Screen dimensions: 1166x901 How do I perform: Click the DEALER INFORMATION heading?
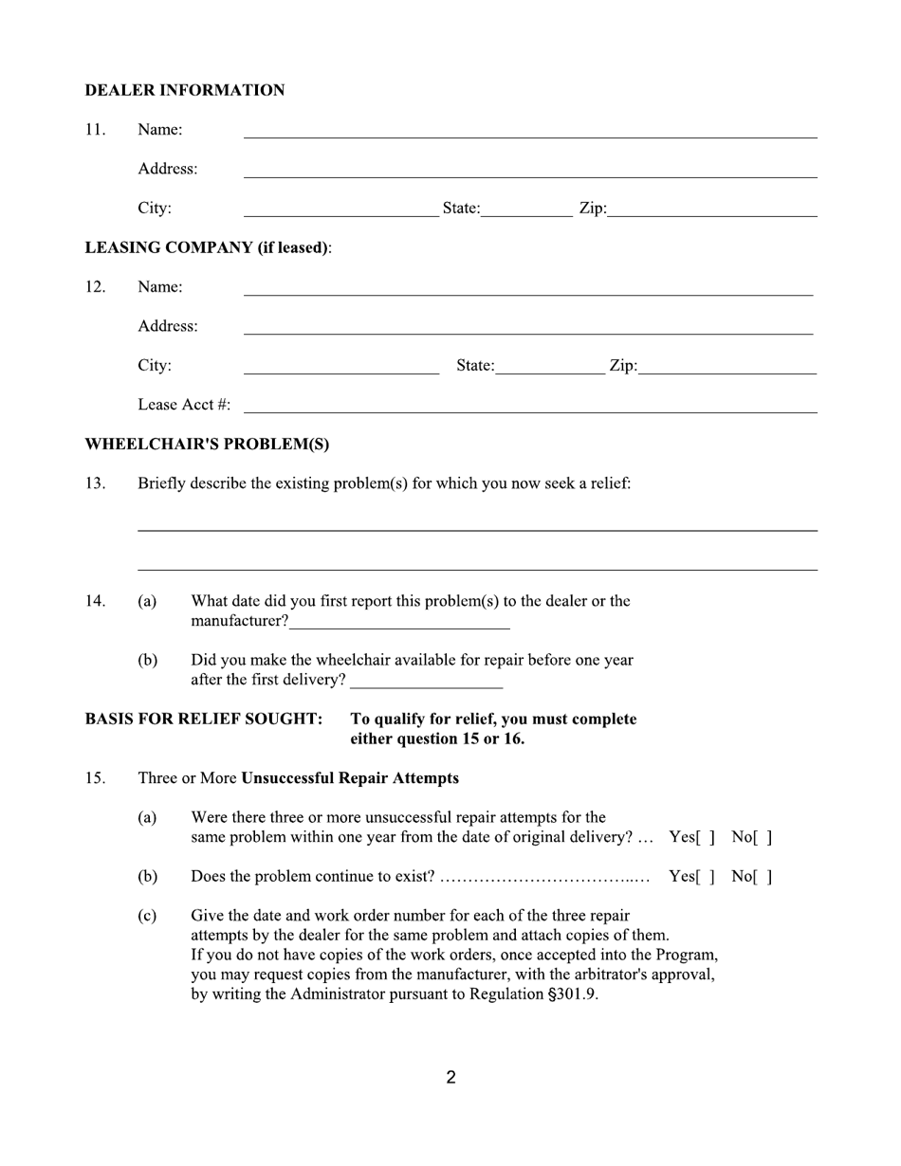pyautogui.click(x=184, y=90)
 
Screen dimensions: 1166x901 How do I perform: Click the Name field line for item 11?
pyautogui.click(x=529, y=131)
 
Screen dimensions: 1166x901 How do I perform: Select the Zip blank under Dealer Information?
pyautogui.click(x=711, y=210)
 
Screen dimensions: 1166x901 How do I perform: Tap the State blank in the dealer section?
pyautogui.click(x=525, y=210)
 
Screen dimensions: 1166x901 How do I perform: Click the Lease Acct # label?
pyautogui.click(x=183, y=405)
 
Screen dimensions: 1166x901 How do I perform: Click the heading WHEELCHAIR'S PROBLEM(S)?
pyautogui.click(x=207, y=444)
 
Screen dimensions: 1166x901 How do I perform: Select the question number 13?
pyautogui.click(x=95, y=483)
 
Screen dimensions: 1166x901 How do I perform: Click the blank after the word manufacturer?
pyautogui.click(x=399, y=622)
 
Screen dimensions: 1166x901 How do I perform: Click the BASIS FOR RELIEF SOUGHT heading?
pyautogui.click(x=203, y=719)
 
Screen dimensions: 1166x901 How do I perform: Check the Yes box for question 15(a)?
pyautogui.click(x=705, y=838)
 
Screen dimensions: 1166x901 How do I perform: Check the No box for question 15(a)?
pyautogui.click(x=763, y=838)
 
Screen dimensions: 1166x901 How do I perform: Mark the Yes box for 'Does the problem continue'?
pyautogui.click(x=705, y=877)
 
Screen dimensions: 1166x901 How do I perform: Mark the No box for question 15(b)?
pyautogui.click(x=763, y=877)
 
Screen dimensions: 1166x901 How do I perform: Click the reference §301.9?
pyautogui.click(x=572, y=995)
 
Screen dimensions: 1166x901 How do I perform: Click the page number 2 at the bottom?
pyautogui.click(x=450, y=1077)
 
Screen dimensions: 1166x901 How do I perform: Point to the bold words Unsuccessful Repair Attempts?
pyautogui.click(x=349, y=778)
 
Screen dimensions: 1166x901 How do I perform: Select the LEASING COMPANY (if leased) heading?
pyautogui.click(x=208, y=247)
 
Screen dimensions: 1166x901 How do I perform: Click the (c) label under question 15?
pyautogui.click(x=147, y=916)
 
